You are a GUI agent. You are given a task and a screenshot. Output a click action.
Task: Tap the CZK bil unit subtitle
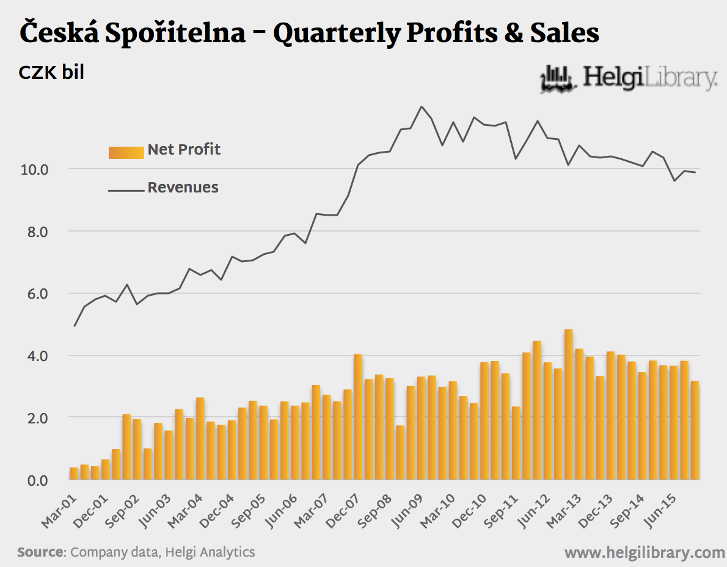pos(51,73)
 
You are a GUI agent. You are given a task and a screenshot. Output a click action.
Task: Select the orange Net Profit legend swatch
pos(126,152)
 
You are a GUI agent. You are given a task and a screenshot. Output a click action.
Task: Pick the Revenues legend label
pos(183,188)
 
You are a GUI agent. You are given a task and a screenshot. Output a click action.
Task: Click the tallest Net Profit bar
pos(569,404)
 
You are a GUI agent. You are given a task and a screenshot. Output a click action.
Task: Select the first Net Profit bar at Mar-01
pos(74,474)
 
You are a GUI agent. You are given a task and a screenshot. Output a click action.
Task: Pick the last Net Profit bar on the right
pos(695,431)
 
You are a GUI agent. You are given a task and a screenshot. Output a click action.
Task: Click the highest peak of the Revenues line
pos(421,107)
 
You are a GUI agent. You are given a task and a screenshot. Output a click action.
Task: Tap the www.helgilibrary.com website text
pos(645,553)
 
